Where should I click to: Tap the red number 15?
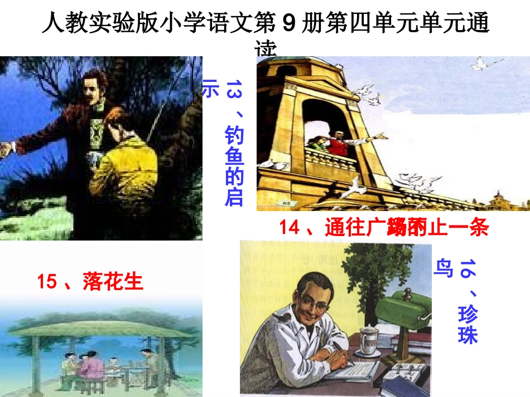coord(47,282)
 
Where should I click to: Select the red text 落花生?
coord(113,282)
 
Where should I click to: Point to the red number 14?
coord(290,228)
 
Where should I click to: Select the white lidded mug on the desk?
coord(368,340)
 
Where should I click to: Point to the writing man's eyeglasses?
coord(310,301)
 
